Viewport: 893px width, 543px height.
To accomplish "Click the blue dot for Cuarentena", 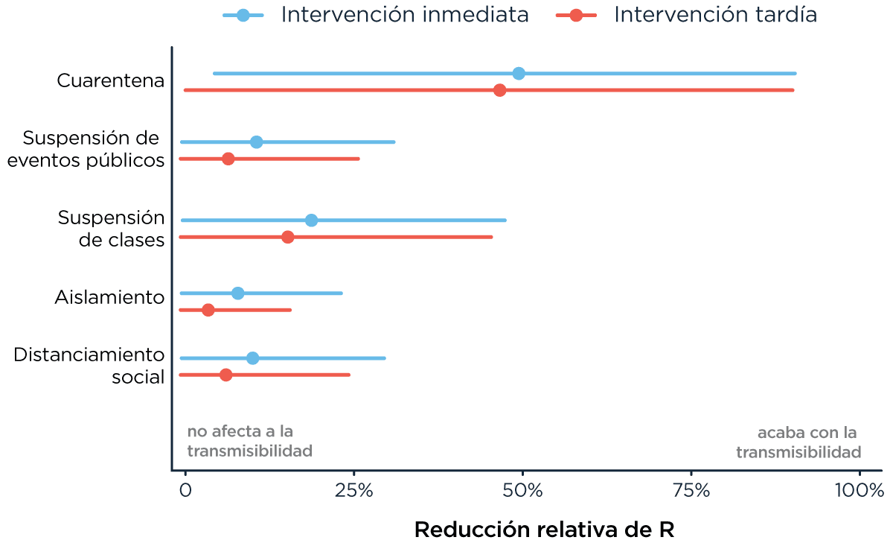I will pyautogui.click(x=519, y=74).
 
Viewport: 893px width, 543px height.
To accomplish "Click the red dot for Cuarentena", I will pyautogui.click(x=499, y=90).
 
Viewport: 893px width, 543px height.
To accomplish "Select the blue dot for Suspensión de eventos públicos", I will pyautogui.click(x=256, y=142).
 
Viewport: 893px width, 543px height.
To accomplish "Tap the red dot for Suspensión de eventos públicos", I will pyautogui.click(x=228, y=159).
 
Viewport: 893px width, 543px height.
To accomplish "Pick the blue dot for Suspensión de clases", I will pyautogui.click(x=311, y=220).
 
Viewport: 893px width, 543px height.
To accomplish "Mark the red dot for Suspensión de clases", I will pyautogui.click(x=288, y=237).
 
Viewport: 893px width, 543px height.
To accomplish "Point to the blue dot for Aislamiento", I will pyautogui.click(x=237, y=293).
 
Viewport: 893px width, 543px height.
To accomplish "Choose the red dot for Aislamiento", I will pyautogui.click(x=208, y=310).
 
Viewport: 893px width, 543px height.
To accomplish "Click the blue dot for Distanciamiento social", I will pyautogui.click(x=252, y=358).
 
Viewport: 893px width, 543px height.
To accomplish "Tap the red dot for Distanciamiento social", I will pyautogui.click(x=226, y=375).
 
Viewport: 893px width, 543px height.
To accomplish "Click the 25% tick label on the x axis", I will pyautogui.click(x=353, y=491).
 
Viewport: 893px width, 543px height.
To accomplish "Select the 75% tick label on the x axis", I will pyautogui.click(x=691, y=491).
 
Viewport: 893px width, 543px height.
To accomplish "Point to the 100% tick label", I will pyautogui.click(x=858, y=491).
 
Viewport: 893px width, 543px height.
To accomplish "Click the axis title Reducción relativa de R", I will pyautogui.click(x=544, y=530).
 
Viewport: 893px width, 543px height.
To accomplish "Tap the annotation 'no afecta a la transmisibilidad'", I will pyautogui.click(x=249, y=442).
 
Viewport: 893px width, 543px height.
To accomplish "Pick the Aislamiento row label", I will pyautogui.click(x=109, y=298).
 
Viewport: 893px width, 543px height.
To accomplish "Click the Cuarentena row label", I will pyautogui.click(x=110, y=80).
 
